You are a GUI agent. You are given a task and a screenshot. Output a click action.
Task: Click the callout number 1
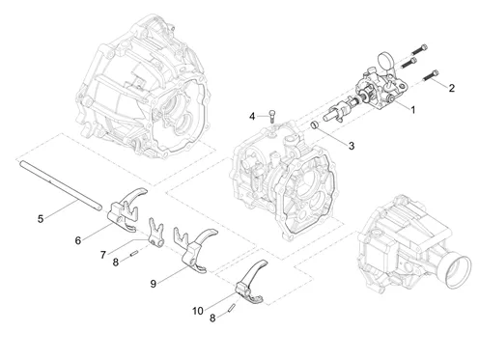(412, 110)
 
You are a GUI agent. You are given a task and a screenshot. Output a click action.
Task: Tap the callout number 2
(452, 88)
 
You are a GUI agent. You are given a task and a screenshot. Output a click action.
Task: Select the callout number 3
(352, 146)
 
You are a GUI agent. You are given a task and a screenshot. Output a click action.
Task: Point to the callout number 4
(252, 116)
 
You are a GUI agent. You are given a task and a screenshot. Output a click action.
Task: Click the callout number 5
(41, 219)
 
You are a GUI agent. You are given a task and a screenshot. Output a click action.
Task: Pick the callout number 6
(78, 240)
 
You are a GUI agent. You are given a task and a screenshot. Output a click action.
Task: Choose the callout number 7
(103, 255)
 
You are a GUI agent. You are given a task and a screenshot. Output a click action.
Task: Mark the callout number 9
(154, 284)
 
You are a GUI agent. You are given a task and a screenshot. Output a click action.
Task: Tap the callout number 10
(198, 311)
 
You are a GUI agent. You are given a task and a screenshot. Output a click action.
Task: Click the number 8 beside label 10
(212, 318)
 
